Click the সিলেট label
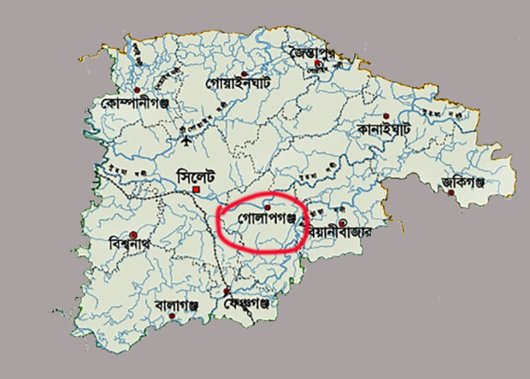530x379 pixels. (x=194, y=175)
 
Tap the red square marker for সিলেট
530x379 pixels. (x=199, y=189)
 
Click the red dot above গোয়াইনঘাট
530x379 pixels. (x=245, y=74)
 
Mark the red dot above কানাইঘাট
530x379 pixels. (x=386, y=116)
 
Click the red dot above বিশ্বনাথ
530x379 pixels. (x=132, y=234)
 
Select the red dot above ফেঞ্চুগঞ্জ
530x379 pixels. (x=227, y=292)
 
